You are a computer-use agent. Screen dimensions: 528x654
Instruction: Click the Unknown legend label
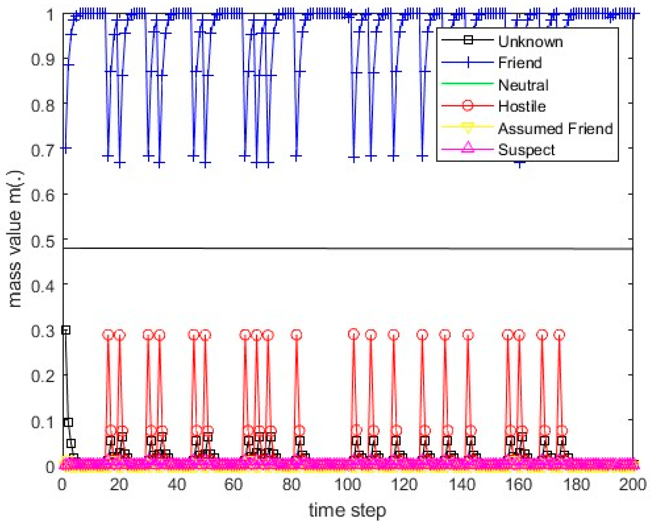tap(530, 41)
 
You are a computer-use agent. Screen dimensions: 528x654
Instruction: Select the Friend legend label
tap(520, 63)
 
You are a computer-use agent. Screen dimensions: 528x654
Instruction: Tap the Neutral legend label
tap(523, 85)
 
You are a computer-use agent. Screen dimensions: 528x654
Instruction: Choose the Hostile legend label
tap(522, 106)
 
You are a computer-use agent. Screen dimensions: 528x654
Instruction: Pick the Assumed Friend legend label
tap(555, 128)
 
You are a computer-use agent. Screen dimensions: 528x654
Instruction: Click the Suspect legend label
tap(526, 150)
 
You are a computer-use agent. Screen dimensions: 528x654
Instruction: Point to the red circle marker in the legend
tap(468, 106)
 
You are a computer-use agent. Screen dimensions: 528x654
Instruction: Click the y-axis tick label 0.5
tap(43, 241)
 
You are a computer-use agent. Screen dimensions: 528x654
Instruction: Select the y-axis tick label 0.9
tap(43, 60)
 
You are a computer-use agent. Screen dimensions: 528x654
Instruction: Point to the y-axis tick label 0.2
tap(43, 376)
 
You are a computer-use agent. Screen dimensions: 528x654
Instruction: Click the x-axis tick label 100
tap(347, 485)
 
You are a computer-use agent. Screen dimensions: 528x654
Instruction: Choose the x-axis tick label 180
tap(576, 485)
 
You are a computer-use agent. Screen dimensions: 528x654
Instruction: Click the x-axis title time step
tap(347, 511)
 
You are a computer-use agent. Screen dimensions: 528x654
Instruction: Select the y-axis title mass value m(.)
tap(15, 239)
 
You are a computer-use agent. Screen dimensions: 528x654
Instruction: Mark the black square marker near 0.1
tap(68, 423)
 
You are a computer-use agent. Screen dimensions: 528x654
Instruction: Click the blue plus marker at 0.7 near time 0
tap(66, 148)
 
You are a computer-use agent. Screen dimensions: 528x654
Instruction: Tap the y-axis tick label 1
tap(50, 15)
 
